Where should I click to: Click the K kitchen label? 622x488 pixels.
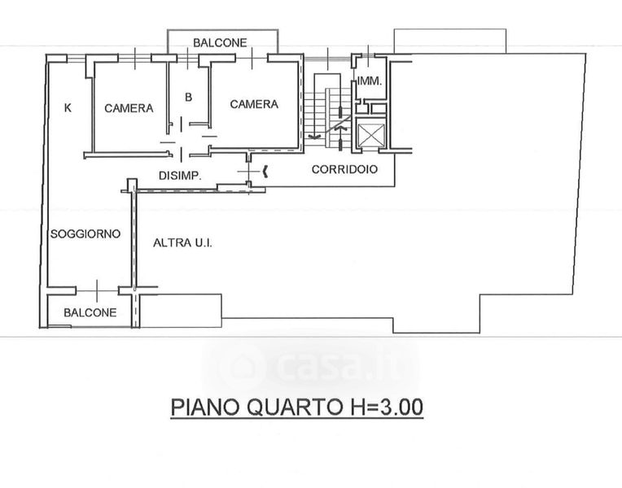(68, 107)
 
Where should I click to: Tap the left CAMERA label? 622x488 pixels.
(129, 108)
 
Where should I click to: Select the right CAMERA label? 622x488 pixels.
(254, 104)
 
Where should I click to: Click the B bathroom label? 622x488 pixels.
(188, 97)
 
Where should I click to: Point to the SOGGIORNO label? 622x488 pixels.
(85, 234)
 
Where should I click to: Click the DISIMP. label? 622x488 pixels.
(181, 176)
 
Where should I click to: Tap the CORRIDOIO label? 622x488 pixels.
(344, 169)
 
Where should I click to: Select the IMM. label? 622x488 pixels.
(370, 81)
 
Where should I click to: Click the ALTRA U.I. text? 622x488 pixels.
(183, 242)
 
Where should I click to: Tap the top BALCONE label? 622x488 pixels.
(220, 42)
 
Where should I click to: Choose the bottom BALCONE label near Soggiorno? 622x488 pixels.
(90, 312)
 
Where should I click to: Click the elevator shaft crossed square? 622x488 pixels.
(371, 135)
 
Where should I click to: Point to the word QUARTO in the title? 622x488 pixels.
(294, 407)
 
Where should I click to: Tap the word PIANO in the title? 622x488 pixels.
(205, 407)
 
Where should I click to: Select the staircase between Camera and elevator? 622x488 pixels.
(327, 111)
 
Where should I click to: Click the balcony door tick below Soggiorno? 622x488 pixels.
(97, 291)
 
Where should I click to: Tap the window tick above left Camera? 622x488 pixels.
(135, 59)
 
